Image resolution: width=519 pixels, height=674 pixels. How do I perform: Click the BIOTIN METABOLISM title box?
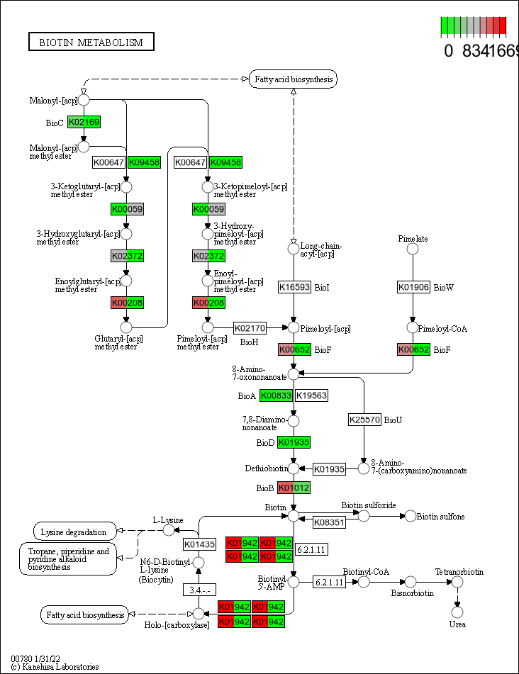coord(91,43)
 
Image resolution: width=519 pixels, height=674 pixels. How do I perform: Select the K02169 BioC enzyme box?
coord(84,122)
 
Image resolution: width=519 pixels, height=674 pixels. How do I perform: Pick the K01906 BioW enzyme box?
coord(414,287)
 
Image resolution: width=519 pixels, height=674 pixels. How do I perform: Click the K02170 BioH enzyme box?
coord(250,328)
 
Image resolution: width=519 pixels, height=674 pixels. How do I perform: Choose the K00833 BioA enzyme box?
coord(276,395)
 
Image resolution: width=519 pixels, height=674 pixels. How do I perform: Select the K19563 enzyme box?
coord(311,395)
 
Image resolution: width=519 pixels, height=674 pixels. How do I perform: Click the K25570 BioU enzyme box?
coord(364,420)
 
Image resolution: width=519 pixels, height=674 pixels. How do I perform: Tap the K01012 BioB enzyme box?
coord(294,488)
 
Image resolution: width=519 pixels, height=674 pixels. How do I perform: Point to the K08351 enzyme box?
coord(329,522)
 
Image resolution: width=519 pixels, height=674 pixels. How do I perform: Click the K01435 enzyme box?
coord(199,544)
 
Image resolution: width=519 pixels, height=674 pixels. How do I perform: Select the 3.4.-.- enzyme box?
coord(199,590)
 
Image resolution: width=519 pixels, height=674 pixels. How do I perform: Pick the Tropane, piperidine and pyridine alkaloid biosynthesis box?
coord(67,558)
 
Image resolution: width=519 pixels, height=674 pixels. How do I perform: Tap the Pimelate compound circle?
coord(413,248)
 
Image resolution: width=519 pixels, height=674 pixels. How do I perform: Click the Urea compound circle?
coord(457,611)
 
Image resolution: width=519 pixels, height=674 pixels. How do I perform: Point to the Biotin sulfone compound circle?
coord(411,516)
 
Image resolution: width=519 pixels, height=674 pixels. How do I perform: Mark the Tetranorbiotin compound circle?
coord(457,582)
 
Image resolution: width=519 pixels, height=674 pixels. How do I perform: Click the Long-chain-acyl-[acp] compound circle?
coord(294,248)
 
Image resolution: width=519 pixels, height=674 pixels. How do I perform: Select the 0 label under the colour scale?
coord(448,51)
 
